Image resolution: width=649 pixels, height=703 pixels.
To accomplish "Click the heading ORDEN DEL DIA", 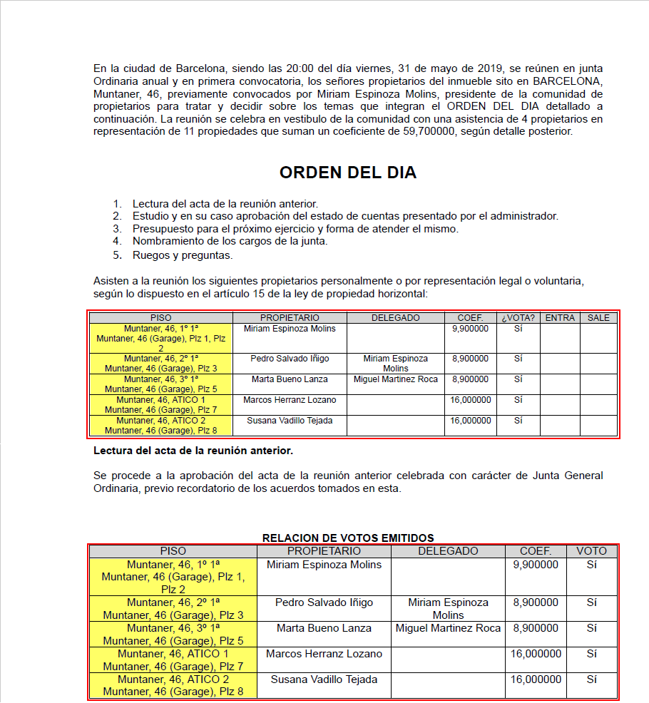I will (x=347, y=173).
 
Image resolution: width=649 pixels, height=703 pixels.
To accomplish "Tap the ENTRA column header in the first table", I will (x=560, y=317).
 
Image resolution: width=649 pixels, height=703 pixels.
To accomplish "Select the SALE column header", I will (x=598, y=317).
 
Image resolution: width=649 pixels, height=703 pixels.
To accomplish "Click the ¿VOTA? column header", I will (x=518, y=317).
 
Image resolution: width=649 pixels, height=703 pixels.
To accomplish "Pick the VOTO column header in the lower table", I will (x=591, y=551).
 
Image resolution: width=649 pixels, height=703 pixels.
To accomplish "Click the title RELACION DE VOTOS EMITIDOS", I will (x=348, y=538).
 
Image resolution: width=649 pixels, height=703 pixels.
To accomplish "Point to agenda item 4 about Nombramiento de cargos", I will (x=230, y=241).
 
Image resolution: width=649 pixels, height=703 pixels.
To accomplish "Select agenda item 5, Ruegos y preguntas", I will (x=182, y=255).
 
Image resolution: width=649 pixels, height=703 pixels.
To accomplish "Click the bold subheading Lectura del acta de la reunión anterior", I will (x=193, y=451).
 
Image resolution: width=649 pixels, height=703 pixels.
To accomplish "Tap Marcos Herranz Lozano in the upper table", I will (x=289, y=401).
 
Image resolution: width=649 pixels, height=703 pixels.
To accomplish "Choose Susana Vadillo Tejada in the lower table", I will (x=324, y=679).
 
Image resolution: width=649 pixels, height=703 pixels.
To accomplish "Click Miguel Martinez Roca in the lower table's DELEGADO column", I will (x=448, y=628).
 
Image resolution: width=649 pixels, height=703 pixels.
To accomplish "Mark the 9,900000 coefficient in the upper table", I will (x=470, y=329).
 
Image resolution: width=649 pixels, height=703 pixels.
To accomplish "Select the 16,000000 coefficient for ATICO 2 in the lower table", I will (x=536, y=679).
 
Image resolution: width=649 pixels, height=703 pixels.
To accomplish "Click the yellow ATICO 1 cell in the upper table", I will (x=160, y=404).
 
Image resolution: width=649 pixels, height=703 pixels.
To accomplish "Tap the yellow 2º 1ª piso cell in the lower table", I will (x=173, y=608).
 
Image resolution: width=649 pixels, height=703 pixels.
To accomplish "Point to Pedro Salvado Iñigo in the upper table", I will (x=289, y=359).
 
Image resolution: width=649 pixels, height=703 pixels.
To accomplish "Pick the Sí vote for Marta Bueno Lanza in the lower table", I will (x=591, y=628).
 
